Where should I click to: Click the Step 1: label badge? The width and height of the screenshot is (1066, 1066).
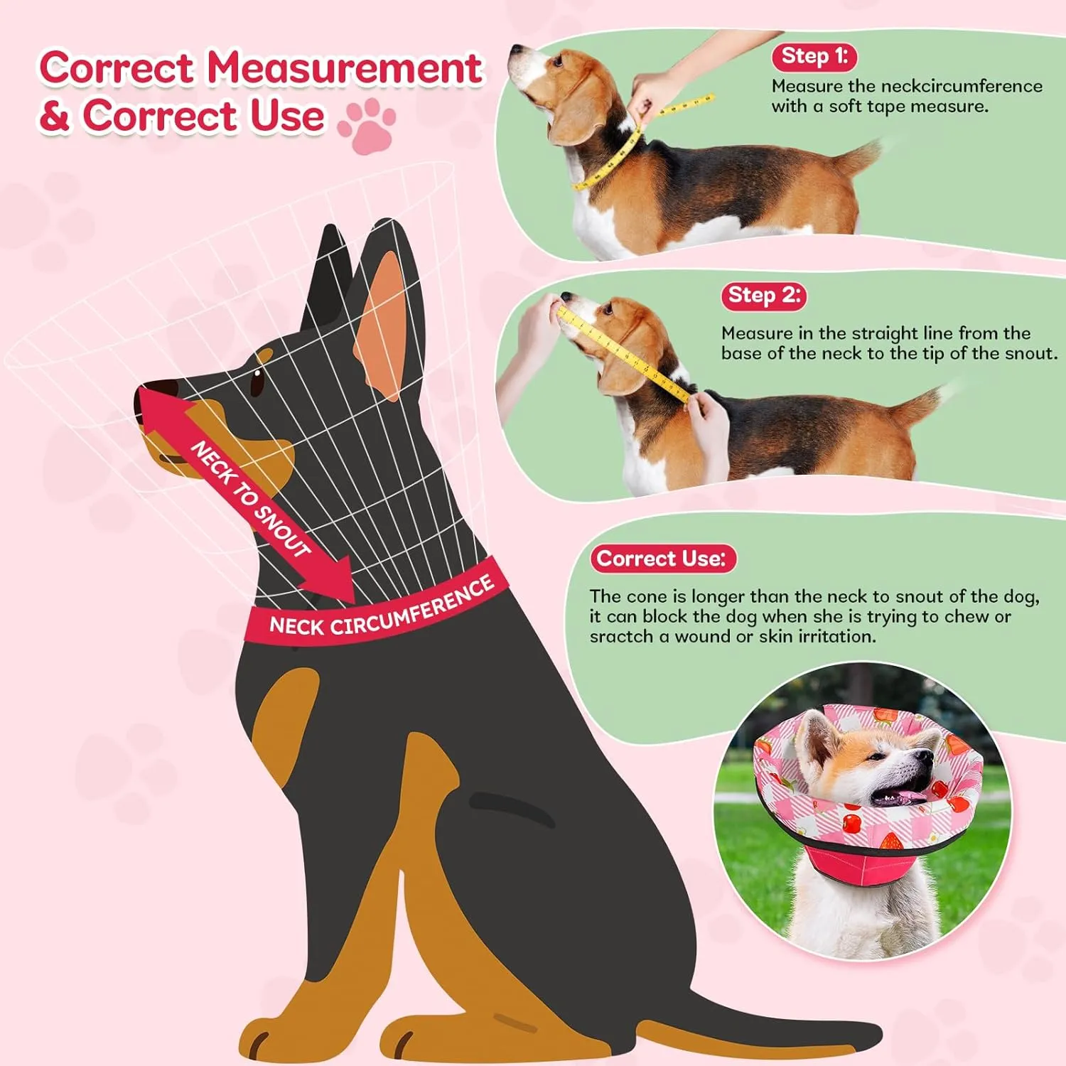pos(814,56)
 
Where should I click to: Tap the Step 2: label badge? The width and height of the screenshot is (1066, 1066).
pos(764,295)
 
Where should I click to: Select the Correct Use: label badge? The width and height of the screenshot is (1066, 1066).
pos(662,559)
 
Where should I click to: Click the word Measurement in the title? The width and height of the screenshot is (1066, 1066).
pos(345,68)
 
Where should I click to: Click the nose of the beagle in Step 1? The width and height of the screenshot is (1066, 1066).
pos(514,51)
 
